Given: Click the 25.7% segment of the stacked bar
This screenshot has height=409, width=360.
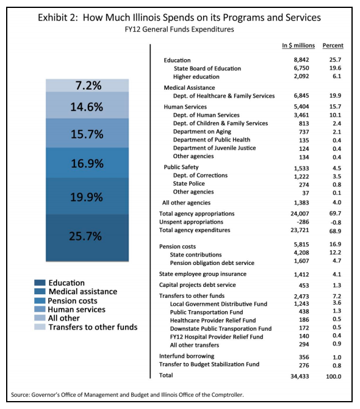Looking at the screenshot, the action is (x=87, y=237).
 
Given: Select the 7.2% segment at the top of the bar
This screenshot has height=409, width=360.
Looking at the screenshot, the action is (x=87, y=85).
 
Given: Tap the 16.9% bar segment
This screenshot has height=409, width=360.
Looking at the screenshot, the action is (x=87, y=163).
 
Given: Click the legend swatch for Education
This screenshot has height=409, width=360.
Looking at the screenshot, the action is (x=40, y=283).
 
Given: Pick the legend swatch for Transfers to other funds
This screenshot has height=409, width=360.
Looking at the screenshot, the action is (x=40, y=327).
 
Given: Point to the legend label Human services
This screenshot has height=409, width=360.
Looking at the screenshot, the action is (x=77, y=309).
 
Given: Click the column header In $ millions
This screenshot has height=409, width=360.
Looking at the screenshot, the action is (x=298, y=45).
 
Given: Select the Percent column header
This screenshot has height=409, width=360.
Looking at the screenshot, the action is (x=333, y=45).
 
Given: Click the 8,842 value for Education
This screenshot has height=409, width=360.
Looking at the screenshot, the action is (x=301, y=60).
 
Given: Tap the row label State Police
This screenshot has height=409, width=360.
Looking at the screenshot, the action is (x=189, y=184).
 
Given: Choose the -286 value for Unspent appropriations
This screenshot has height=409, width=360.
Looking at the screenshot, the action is (x=303, y=222).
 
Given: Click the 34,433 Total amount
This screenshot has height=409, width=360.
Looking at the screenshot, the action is (x=300, y=377).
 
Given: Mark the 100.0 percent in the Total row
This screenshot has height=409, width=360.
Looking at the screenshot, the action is (x=333, y=377).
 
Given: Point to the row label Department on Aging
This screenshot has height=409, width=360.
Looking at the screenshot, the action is (x=202, y=132).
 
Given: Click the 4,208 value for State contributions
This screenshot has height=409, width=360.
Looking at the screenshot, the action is (x=301, y=253).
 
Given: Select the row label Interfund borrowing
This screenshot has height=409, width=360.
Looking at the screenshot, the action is (x=187, y=357).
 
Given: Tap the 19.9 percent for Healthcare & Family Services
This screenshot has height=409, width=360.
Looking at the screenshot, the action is (x=335, y=96).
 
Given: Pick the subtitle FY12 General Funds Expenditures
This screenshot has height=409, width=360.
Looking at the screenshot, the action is (x=179, y=29).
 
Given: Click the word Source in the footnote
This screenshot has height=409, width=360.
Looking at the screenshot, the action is (x=20, y=394).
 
